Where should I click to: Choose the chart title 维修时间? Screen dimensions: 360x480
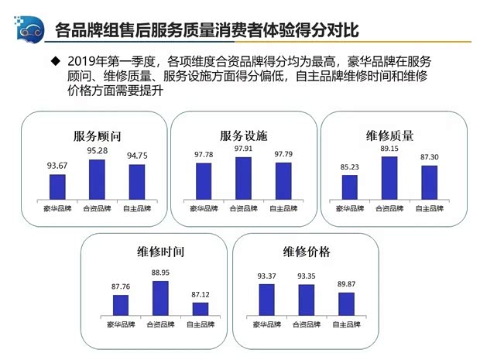160,253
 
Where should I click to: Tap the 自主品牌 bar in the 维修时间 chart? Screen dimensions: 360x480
201,308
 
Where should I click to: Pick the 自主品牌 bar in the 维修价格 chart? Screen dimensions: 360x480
345,303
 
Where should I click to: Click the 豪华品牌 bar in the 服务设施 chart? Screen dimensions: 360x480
203,180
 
